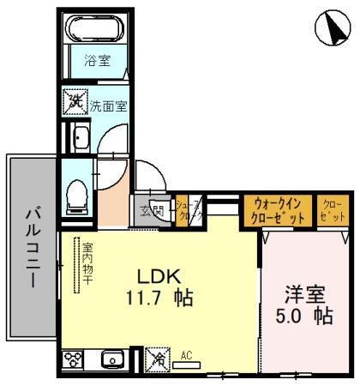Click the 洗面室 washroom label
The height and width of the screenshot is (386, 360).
109,106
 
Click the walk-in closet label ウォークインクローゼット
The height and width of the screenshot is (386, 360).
279,211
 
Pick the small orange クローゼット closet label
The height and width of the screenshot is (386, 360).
331,211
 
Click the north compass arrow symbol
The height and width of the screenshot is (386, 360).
333,30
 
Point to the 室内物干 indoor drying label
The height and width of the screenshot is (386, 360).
87,267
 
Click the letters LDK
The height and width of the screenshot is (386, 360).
160,277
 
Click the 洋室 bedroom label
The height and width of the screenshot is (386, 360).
305,293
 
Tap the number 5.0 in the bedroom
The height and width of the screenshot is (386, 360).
297,316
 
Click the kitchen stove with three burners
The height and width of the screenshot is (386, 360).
73,358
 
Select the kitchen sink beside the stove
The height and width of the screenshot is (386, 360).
111,359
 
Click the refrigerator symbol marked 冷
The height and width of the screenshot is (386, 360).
157,358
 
